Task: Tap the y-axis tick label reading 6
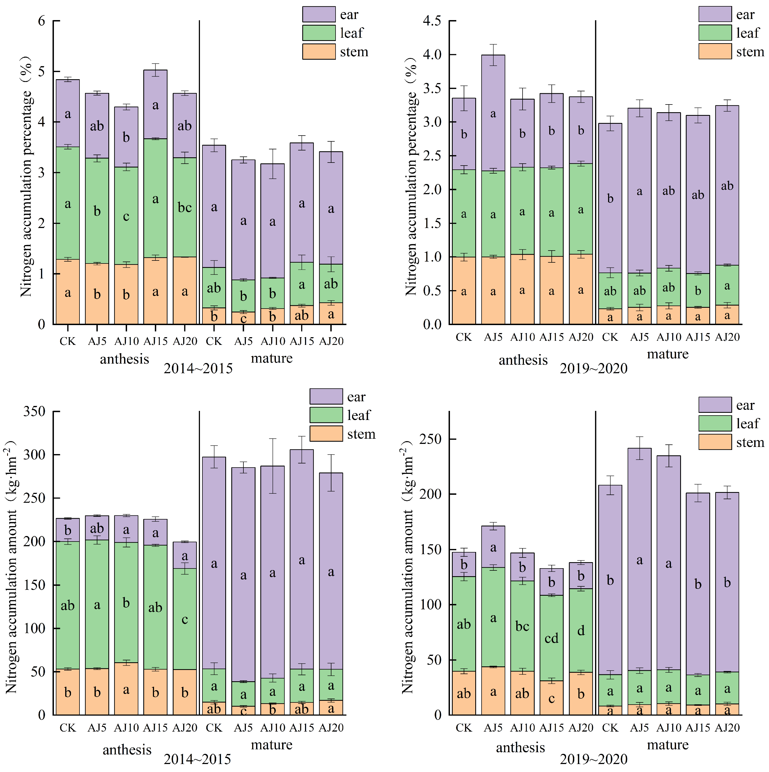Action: point(42,21)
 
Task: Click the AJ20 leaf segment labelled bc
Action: point(185,207)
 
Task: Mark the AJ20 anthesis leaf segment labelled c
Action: point(185,619)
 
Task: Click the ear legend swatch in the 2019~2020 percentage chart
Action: point(715,14)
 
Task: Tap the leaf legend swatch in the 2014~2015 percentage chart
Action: point(318,33)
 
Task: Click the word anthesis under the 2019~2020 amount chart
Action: point(520,747)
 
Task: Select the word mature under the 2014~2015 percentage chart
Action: point(272,358)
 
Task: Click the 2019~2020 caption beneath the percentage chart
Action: point(594,368)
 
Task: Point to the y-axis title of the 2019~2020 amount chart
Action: point(407,567)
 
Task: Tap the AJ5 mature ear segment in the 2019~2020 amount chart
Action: point(639,559)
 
